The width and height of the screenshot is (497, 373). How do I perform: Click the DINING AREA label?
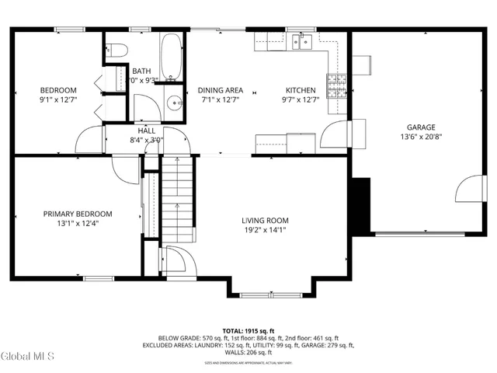[x=220, y=89]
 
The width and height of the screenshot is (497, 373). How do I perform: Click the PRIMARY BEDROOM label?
[x=78, y=214]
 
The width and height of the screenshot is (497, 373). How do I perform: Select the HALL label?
[x=147, y=131]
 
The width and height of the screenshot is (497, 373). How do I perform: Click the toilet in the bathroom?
[x=117, y=49]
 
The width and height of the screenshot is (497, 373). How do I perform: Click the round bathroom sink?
[x=175, y=101]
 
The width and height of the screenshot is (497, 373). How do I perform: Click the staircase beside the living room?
[x=176, y=198]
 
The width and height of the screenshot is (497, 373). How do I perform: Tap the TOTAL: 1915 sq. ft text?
[x=248, y=330]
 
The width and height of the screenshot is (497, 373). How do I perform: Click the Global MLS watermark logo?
[x=28, y=357]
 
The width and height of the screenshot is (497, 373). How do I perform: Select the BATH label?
[x=141, y=70]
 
